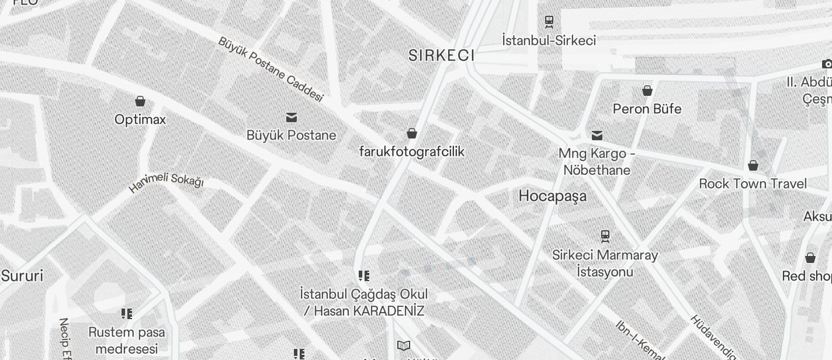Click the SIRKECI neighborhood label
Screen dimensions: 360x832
(x=441, y=56)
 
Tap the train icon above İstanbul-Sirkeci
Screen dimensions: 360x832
(x=549, y=22)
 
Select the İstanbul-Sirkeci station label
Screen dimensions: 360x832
(x=549, y=40)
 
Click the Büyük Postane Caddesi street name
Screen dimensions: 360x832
(x=271, y=68)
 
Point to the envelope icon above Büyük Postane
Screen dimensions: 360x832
(x=291, y=117)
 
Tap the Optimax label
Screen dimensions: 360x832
(x=140, y=120)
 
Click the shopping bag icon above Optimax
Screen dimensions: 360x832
(x=140, y=101)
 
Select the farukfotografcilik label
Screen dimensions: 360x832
(x=411, y=152)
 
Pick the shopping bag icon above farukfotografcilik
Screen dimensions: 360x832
(x=412, y=133)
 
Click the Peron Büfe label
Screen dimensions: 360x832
(x=647, y=109)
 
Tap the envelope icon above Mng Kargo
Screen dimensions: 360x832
(x=597, y=136)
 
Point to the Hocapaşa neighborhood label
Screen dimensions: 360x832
(x=552, y=196)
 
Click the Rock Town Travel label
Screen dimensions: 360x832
(x=753, y=184)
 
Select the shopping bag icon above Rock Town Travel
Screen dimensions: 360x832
(x=753, y=165)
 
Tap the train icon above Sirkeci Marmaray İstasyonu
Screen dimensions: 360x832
(x=605, y=236)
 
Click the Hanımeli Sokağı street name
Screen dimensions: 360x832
(x=166, y=182)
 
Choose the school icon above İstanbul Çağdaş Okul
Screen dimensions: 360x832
(x=364, y=276)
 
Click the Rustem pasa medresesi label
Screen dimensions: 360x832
(x=127, y=340)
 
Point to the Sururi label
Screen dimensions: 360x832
(x=22, y=276)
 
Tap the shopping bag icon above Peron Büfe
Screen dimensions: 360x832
(x=647, y=91)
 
